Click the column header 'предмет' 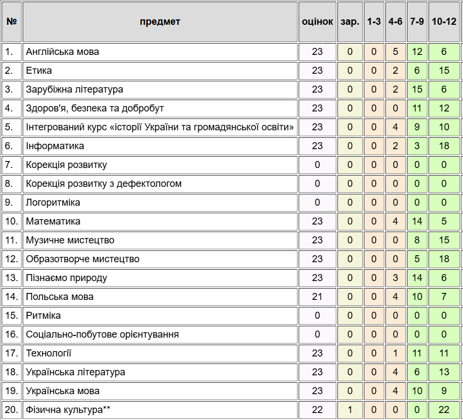pyautogui.click(x=160, y=22)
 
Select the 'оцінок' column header pyautogui.click(x=317, y=22)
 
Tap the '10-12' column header pyautogui.click(x=444, y=22)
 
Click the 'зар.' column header pyautogui.click(x=350, y=22)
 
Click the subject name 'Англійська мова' pyautogui.click(x=63, y=52)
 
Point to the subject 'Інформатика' pyautogui.click(x=55, y=146)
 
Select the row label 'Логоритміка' pyautogui.click(x=53, y=202)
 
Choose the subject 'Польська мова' pyautogui.click(x=60, y=297)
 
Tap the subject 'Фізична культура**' pyautogui.click(x=68, y=410)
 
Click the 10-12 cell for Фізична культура pyautogui.click(x=444, y=410)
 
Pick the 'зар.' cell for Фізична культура pyautogui.click(x=350, y=410)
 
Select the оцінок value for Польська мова pyautogui.click(x=317, y=297)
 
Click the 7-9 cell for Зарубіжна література pyautogui.click(x=417, y=89)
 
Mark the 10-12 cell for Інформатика pyautogui.click(x=444, y=146)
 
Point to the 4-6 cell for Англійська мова pyautogui.click(x=396, y=52)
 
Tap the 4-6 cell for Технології pyautogui.click(x=396, y=353)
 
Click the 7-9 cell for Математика pyautogui.click(x=417, y=221)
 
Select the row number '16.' pyautogui.click(x=11, y=334)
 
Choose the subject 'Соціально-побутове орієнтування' pyautogui.click(x=102, y=334)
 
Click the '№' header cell pyautogui.click(x=11, y=22)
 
